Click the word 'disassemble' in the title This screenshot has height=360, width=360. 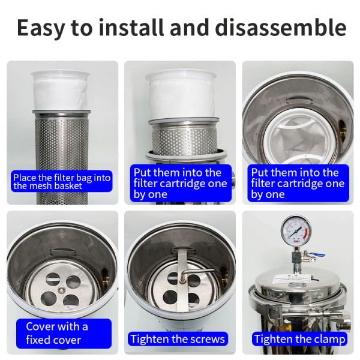click(x=281, y=27)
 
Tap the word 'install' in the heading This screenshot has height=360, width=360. click(x=131, y=27)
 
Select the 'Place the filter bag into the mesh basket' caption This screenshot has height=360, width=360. click(x=62, y=181)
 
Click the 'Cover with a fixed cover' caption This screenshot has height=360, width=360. click(x=64, y=334)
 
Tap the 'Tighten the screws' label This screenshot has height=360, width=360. click(x=178, y=339)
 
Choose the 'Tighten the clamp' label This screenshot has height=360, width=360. click(x=299, y=339)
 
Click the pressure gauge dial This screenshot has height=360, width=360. click(x=296, y=230)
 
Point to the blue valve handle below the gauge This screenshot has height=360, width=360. click(x=317, y=254)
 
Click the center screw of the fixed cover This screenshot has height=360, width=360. click(x=61, y=290)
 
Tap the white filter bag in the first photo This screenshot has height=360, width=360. click(x=60, y=89)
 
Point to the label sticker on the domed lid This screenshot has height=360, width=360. click(x=291, y=280)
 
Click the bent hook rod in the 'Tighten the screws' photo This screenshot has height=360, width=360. click(x=195, y=271)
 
